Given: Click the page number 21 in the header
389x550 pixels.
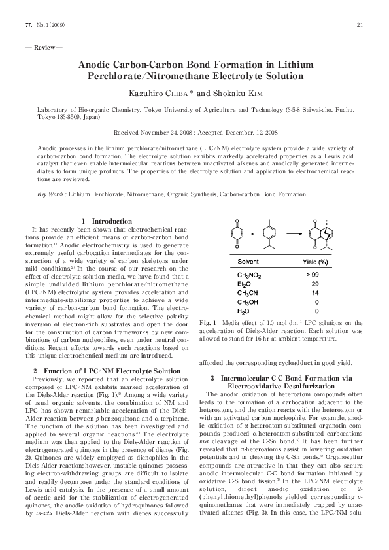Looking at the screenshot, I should click(360, 25).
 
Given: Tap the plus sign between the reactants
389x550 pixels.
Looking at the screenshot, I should click(253, 233).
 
